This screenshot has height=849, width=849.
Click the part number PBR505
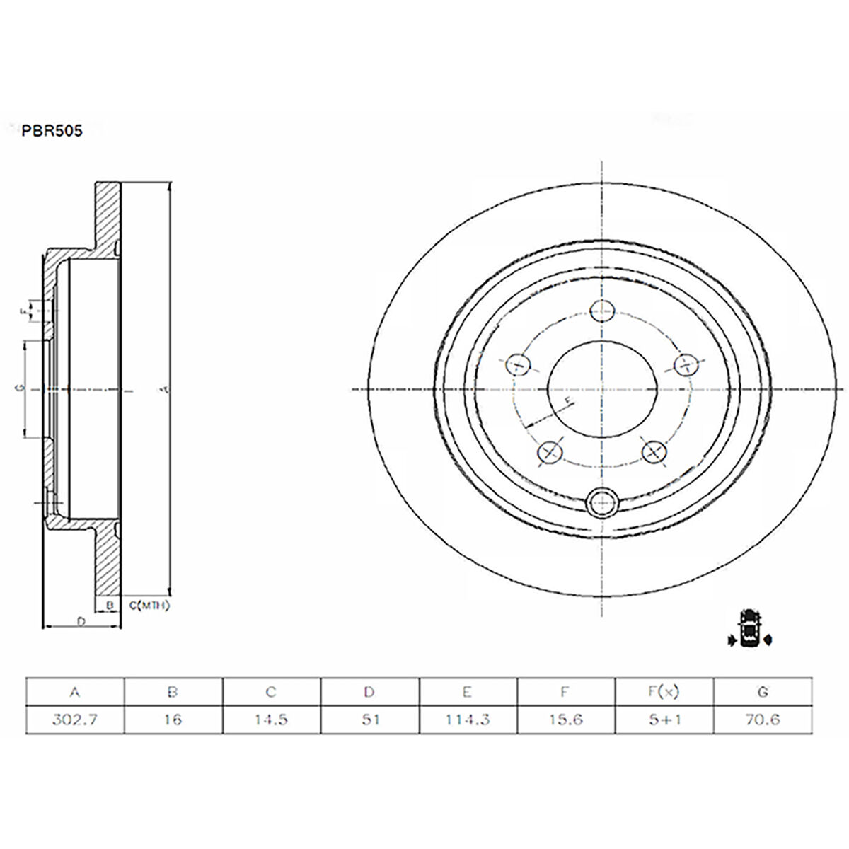(x=52, y=131)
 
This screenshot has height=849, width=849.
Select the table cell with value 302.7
(x=75, y=720)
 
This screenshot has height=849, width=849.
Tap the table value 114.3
(x=468, y=720)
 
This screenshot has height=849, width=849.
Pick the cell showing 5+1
(x=665, y=720)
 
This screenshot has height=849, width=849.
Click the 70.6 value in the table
(x=763, y=720)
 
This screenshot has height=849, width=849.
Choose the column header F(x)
(x=665, y=692)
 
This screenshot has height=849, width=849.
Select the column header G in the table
(x=763, y=692)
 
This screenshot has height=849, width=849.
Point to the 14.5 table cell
(x=272, y=720)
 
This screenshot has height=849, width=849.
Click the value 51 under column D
(x=370, y=720)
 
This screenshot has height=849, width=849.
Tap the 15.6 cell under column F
(x=567, y=720)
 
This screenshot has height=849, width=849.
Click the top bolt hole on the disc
(x=602, y=310)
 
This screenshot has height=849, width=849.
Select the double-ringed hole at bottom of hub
(x=602, y=503)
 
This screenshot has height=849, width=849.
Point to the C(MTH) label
(x=149, y=606)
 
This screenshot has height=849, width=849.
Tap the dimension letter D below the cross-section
(x=81, y=621)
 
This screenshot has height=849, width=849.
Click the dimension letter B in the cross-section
(x=110, y=605)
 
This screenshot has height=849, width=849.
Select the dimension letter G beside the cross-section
(x=22, y=388)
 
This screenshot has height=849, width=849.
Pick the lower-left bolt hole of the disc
(x=550, y=451)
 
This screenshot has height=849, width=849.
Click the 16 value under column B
(x=173, y=720)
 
